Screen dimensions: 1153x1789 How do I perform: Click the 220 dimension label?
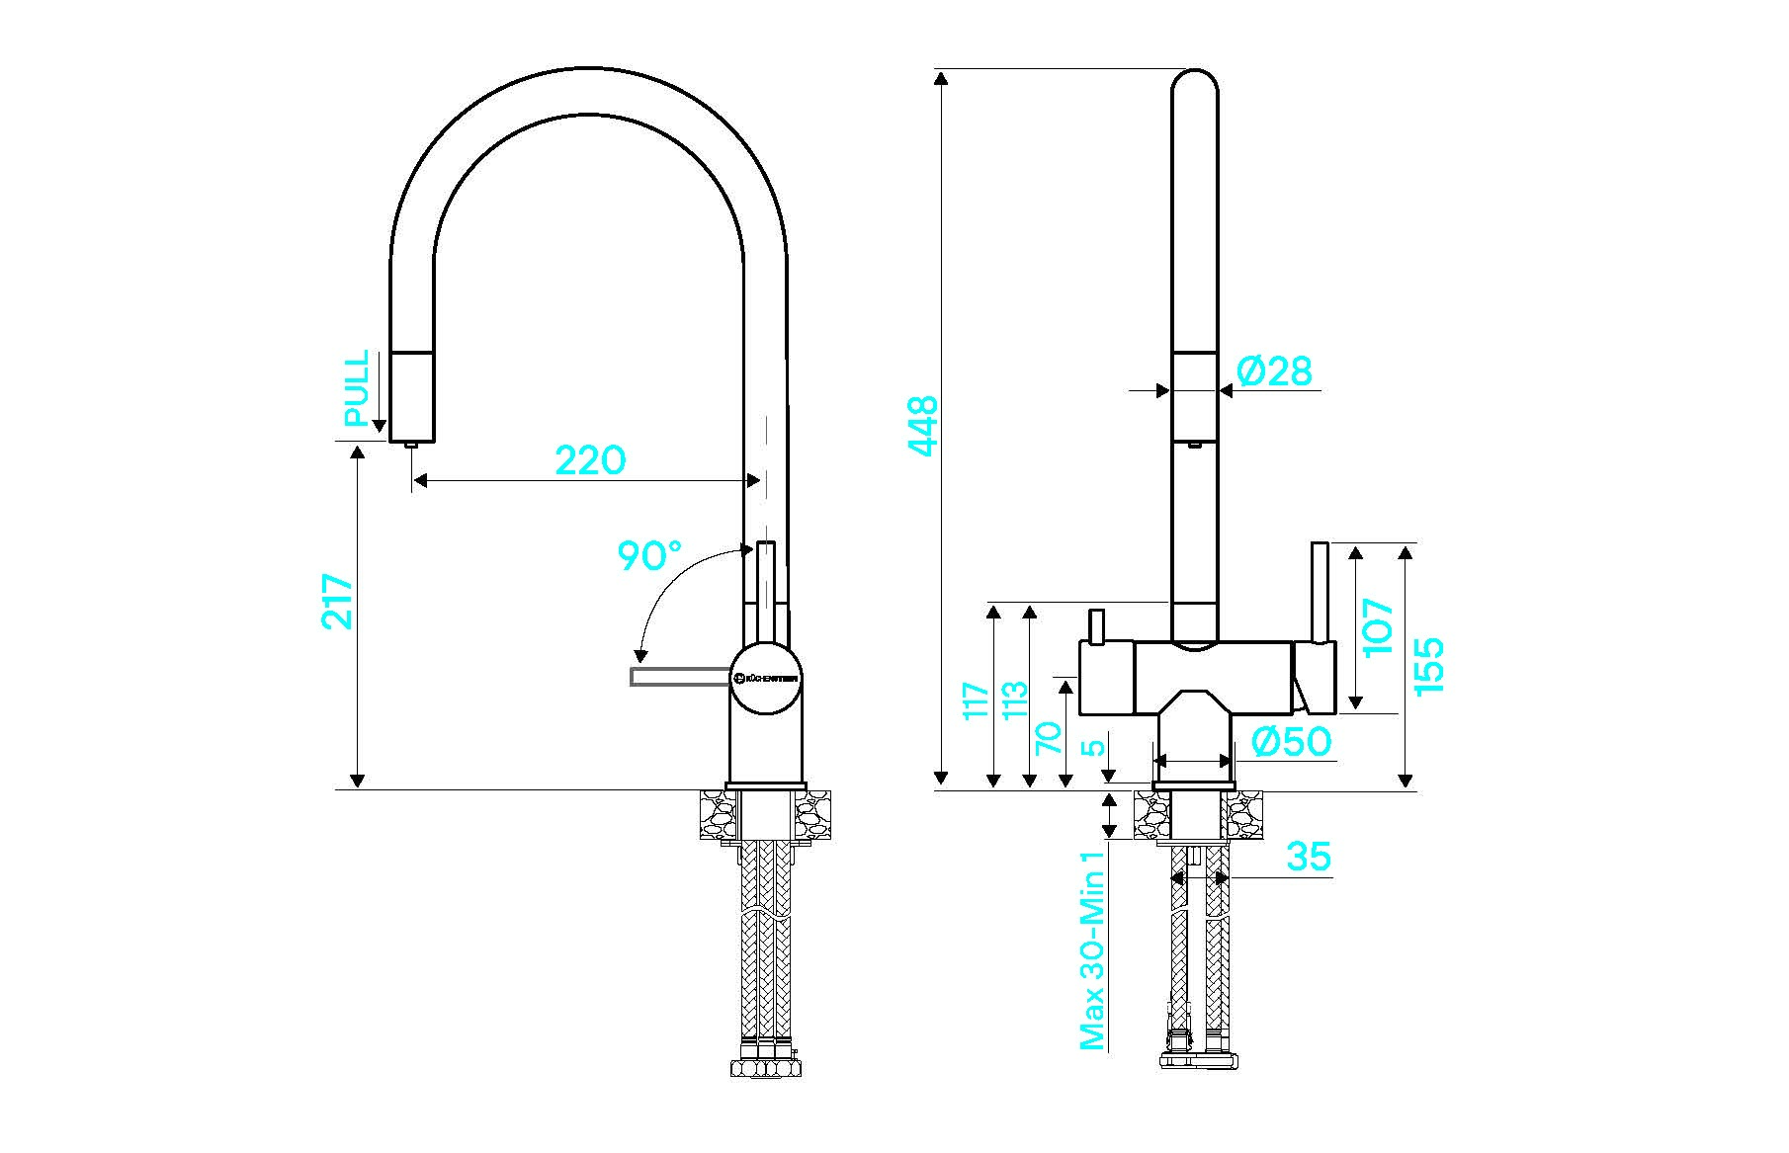[590, 460]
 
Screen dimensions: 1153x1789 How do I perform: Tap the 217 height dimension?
[337, 601]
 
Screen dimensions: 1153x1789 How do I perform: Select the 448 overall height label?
[922, 426]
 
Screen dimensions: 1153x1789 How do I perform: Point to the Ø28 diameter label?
[1274, 371]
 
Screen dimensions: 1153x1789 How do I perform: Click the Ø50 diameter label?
[1291, 741]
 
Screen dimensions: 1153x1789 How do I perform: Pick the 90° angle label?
[649, 556]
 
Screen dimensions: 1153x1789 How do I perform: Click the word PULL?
[356, 387]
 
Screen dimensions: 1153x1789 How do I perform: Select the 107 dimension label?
[1378, 626]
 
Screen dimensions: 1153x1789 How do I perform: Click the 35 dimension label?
[1309, 857]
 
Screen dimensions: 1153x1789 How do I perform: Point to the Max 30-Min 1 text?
[1092, 950]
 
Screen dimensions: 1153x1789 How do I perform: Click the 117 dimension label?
[976, 700]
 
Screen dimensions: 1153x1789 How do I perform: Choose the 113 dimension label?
[1014, 700]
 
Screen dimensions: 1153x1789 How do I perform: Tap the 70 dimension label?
[1048, 738]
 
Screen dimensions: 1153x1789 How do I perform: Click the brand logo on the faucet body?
[767, 678]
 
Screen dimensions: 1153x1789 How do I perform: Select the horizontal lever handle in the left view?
[680, 676]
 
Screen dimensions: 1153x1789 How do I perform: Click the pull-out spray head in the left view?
[412, 396]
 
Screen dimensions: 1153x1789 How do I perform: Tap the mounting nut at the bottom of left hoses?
[765, 1067]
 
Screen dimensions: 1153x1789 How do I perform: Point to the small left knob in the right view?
[1095, 625]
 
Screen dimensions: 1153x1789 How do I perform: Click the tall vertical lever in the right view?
[1320, 592]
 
